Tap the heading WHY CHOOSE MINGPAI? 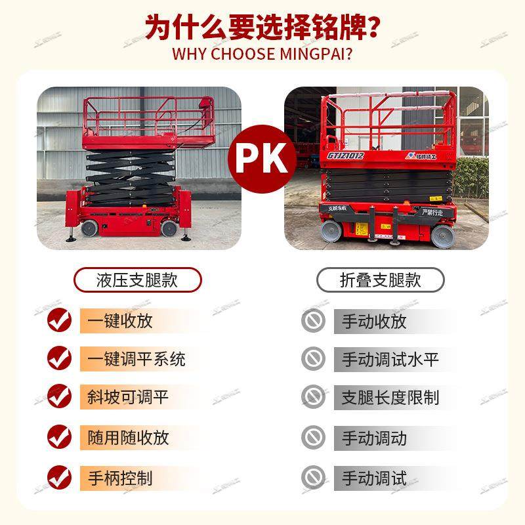(262, 54)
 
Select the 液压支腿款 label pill (137, 280)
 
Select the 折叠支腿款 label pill (380, 280)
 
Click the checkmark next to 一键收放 (59, 320)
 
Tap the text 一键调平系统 (136, 358)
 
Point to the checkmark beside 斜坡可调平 (59, 397)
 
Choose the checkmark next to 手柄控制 (59, 476)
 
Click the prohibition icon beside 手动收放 (313, 320)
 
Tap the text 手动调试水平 (390, 359)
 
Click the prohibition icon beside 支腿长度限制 (313, 397)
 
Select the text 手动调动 (374, 438)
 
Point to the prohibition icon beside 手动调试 (313, 476)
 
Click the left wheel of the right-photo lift (332, 232)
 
